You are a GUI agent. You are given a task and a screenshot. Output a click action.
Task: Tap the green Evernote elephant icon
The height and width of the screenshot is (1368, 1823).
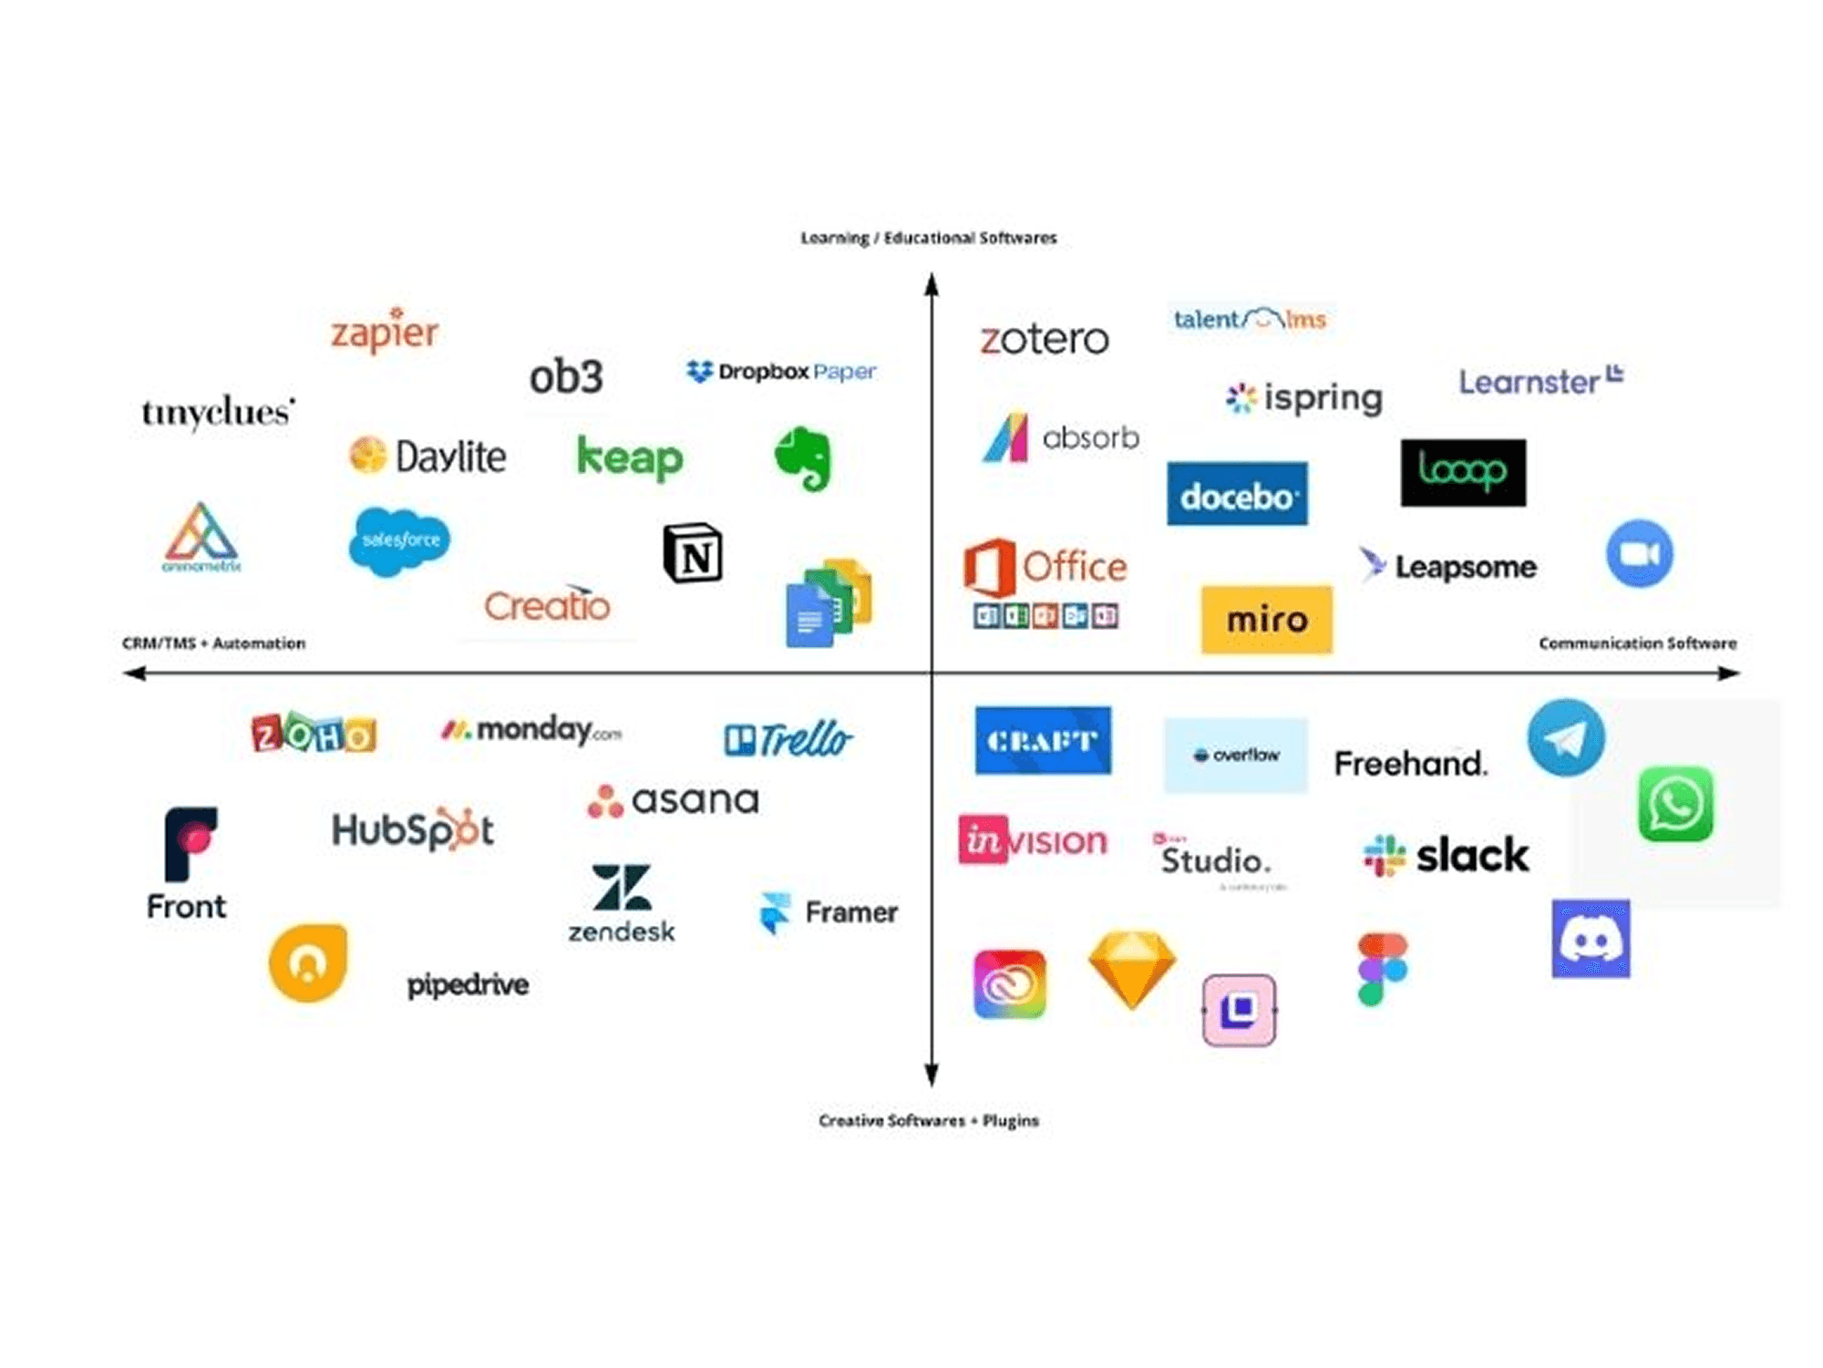(x=803, y=458)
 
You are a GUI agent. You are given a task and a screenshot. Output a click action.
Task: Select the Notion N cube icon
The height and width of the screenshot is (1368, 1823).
(x=693, y=552)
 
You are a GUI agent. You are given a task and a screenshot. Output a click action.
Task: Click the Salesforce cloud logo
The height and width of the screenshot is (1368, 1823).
(x=399, y=540)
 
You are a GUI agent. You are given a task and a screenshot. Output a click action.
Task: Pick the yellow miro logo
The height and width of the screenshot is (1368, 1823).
(x=1266, y=620)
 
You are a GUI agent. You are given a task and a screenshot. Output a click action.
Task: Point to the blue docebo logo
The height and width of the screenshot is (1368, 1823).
(x=1237, y=494)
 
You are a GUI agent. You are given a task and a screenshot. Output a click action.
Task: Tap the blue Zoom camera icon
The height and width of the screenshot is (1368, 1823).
(x=1639, y=554)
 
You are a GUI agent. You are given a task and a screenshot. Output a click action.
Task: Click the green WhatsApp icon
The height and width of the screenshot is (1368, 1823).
(x=1675, y=804)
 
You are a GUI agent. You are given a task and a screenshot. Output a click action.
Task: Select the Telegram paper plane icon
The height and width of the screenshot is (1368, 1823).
(x=1566, y=738)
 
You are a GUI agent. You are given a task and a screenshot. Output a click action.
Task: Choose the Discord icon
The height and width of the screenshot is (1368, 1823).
(x=1591, y=939)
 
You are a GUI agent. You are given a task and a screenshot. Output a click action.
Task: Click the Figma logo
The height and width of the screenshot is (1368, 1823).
(x=1382, y=969)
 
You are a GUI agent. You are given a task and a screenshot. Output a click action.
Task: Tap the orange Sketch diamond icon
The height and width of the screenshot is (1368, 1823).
(x=1132, y=968)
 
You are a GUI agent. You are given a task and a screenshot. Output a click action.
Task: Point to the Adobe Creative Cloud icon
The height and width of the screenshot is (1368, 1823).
(x=1010, y=984)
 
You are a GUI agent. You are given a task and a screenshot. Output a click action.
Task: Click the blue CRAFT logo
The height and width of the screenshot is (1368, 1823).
(x=1043, y=740)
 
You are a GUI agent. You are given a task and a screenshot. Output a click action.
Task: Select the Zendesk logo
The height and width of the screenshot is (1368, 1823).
(x=622, y=902)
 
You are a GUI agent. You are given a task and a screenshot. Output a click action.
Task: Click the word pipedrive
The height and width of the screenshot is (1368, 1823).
(x=468, y=984)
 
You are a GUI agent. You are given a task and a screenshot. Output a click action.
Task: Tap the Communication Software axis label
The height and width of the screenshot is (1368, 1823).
(x=1637, y=643)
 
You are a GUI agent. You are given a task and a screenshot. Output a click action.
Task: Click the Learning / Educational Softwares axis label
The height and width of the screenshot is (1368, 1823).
(x=928, y=238)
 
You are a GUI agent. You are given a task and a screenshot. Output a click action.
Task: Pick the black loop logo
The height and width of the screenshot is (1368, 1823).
(x=1463, y=472)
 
